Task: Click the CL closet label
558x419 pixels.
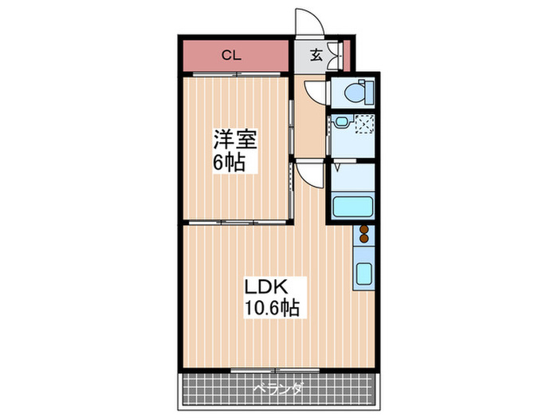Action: pyautogui.click(x=231, y=55)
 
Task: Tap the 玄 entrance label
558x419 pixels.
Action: pyautogui.click(x=316, y=56)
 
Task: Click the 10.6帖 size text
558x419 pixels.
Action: pyautogui.click(x=271, y=308)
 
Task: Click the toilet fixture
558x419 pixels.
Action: pyautogui.click(x=354, y=93)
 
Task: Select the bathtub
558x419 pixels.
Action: pyautogui.click(x=352, y=208)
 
